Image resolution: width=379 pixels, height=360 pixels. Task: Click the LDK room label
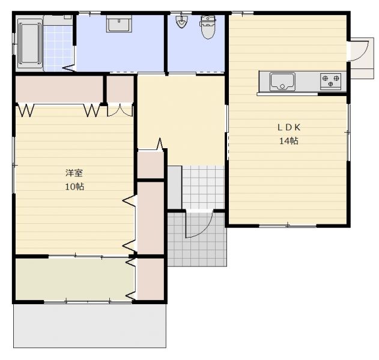pos(289,127)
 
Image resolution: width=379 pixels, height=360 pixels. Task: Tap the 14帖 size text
pos(289,140)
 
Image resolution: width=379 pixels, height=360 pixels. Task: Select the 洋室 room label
pos(74,173)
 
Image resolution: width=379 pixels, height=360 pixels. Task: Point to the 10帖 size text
pos(74,187)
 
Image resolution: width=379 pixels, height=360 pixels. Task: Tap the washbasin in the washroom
pos(119,23)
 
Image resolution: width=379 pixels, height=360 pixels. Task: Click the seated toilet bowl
pos(208,27)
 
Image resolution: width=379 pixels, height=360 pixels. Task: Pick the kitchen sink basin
pos(282,82)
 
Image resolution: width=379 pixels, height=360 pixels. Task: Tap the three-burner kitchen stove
pos(331,82)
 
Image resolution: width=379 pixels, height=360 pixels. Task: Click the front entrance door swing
pos(199,224)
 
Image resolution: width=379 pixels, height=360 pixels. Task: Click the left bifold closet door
pos(25,110)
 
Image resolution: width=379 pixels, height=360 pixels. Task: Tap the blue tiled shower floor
pos(58,48)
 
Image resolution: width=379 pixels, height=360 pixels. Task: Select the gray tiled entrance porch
pos(197,239)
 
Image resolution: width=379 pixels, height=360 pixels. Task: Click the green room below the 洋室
pos(75,279)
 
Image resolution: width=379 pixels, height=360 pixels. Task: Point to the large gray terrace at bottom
pos(89,325)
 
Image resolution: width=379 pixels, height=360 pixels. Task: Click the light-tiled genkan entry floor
pos(203,187)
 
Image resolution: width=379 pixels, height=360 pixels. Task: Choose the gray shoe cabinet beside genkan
pos(175,187)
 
